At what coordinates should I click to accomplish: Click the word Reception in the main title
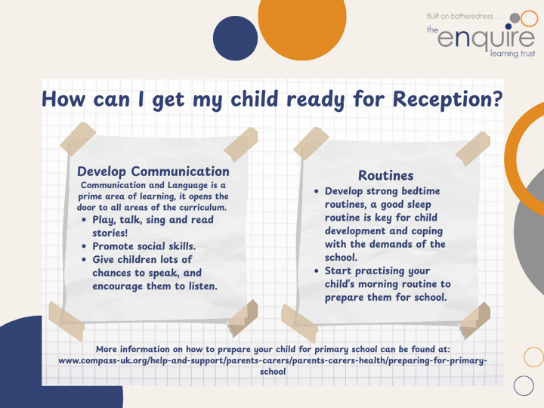click(x=447, y=100)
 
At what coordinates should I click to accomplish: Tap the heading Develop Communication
click(x=153, y=172)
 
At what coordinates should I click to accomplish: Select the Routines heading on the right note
click(x=386, y=175)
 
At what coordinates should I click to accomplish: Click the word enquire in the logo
click(x=486, y=37)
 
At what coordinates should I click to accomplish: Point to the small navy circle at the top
click(x=235, y=39)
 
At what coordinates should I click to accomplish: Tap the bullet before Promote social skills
click(x=84, y=246)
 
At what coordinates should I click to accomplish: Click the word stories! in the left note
click(x=110, y=233)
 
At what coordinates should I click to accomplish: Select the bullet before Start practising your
click(x=316, y=270)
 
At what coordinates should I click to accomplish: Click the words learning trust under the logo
click(x=512, y=54)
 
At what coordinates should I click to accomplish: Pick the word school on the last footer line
click(x=273, y=372)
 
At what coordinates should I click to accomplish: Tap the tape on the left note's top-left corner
click(x=78, y=139)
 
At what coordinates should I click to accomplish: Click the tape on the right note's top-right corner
click(x=472, y=149)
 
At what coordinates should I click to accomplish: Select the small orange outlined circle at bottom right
click(x=534, y=357)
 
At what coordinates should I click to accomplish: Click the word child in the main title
click(x=255, y=99)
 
